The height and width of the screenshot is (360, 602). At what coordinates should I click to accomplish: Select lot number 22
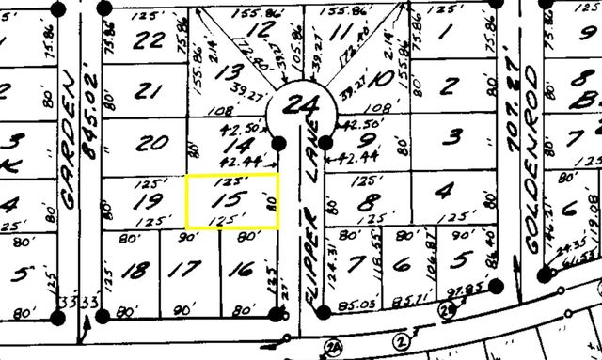tap(150, 41)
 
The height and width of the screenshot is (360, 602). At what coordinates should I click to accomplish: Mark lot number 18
tap(137, 271)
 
